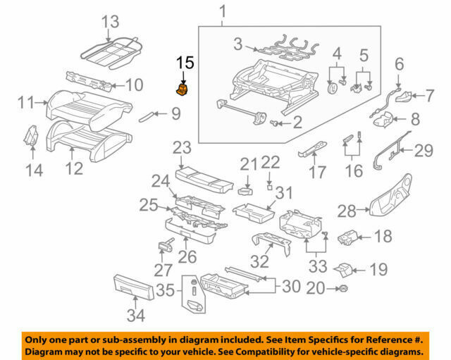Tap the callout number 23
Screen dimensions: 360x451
[x=182, y=148]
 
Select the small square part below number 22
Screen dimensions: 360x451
[x=268, y=188]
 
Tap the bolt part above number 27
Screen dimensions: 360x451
[x=166, y=244]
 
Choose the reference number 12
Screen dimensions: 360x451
[x=74, y=168]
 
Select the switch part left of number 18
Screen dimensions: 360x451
[x=350, y=237]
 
